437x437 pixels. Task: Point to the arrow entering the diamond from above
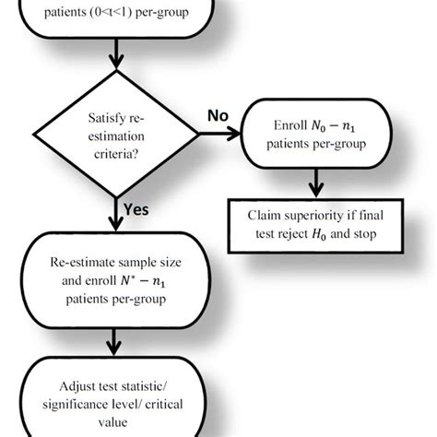point(115,63)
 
